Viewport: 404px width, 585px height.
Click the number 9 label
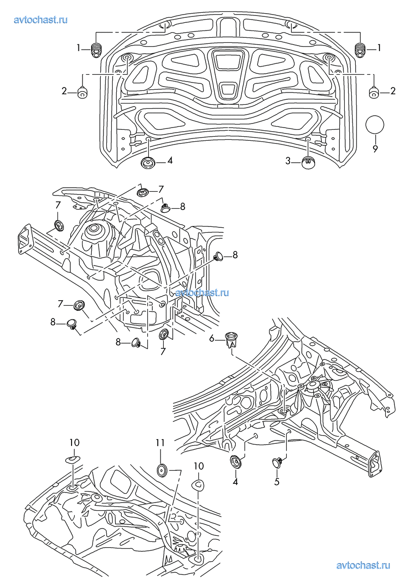click(375, 149)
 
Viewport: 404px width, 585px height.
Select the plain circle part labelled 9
click(375, 125)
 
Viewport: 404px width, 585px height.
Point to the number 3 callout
click(288, 160)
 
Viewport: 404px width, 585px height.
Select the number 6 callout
click(212, 338)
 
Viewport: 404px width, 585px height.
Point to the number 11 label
click(160, 442)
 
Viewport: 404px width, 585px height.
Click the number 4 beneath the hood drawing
click(170, 160)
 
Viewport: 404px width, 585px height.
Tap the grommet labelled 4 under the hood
click(148, 162)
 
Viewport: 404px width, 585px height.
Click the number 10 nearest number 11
click(199, 466)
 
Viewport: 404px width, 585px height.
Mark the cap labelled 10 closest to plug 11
click(198, 485)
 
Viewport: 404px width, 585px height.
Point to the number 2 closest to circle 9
click(393, 92)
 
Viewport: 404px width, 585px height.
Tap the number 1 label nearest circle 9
click(379, 48)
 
